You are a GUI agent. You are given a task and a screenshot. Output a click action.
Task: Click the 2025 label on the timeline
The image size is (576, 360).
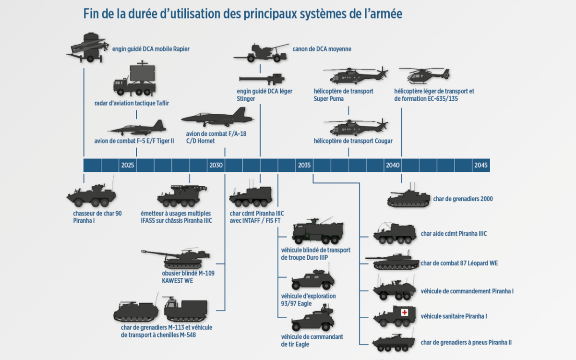coord(128,165)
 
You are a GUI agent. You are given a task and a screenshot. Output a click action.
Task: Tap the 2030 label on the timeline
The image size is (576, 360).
coord(216,165)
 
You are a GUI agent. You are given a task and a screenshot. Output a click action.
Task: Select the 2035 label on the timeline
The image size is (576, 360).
coord(304,165)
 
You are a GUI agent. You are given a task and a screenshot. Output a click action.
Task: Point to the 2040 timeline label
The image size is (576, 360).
coord(393,165)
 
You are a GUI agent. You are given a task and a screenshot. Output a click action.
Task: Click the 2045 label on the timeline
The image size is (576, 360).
coord(481,165)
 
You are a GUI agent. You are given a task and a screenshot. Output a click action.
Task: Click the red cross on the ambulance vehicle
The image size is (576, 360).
coord(405,312)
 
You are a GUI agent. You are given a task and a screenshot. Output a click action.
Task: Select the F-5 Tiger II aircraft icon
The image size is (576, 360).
coord(137,128)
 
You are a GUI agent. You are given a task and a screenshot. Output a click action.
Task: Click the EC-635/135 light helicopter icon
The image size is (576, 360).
coord(424,76)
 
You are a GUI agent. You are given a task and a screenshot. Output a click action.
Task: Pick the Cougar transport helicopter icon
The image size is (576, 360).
coord(358,127)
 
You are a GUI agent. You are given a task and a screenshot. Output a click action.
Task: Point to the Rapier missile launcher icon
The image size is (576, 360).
coord(86,48)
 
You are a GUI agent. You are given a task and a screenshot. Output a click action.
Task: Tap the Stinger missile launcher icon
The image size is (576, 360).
coord(262,78)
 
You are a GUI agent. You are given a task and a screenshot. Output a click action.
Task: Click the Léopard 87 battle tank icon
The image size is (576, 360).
coord(392,262)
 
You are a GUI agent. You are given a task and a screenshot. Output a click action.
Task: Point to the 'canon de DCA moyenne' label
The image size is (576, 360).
coord(322,49)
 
